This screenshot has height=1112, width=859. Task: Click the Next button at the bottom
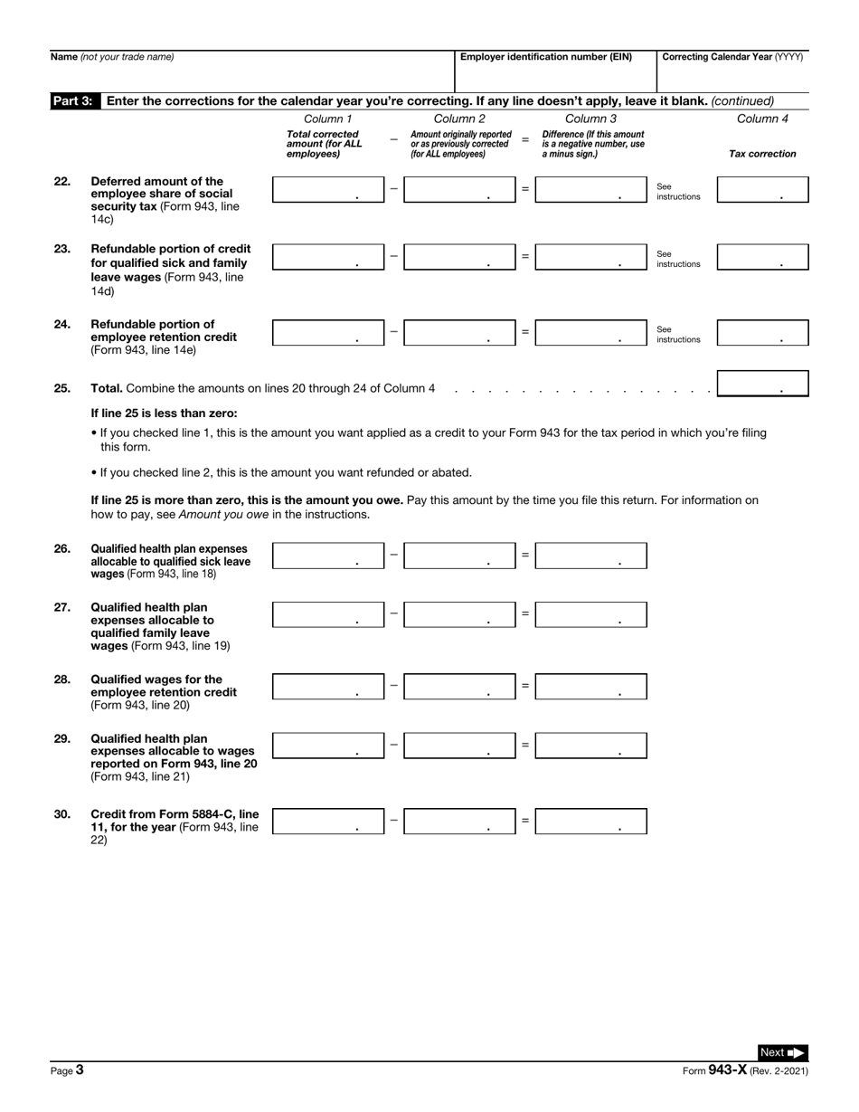[x=782, y=1052]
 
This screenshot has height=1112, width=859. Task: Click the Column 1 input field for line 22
[x=328, y=189]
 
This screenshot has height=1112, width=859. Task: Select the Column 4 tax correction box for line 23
[x=762, y=257]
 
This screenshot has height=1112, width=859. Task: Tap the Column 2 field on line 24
[x=459, y=332]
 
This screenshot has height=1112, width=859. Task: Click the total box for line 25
[x=762, y=384]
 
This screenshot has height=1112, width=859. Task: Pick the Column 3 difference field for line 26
[x=590, y=556]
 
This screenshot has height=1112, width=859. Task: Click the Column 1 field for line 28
[x=328, y=687]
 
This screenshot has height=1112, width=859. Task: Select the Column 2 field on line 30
[x=459, y=822]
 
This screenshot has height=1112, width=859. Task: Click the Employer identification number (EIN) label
[x=545, y=57]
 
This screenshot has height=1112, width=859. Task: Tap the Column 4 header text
[x=762, y=119]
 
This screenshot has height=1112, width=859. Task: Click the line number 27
[x=62, y=608]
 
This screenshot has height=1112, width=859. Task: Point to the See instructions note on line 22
[x=678, y=191]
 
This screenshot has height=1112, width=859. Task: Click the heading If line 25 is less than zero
[x=164, y=413]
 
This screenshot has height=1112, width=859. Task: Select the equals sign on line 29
[x=524, y=746]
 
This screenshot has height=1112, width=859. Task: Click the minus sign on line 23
[x=393, y=256]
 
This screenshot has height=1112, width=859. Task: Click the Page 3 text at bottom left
[x=67, y=1070]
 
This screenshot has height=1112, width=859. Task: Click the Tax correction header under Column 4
[x=762, y=154]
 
